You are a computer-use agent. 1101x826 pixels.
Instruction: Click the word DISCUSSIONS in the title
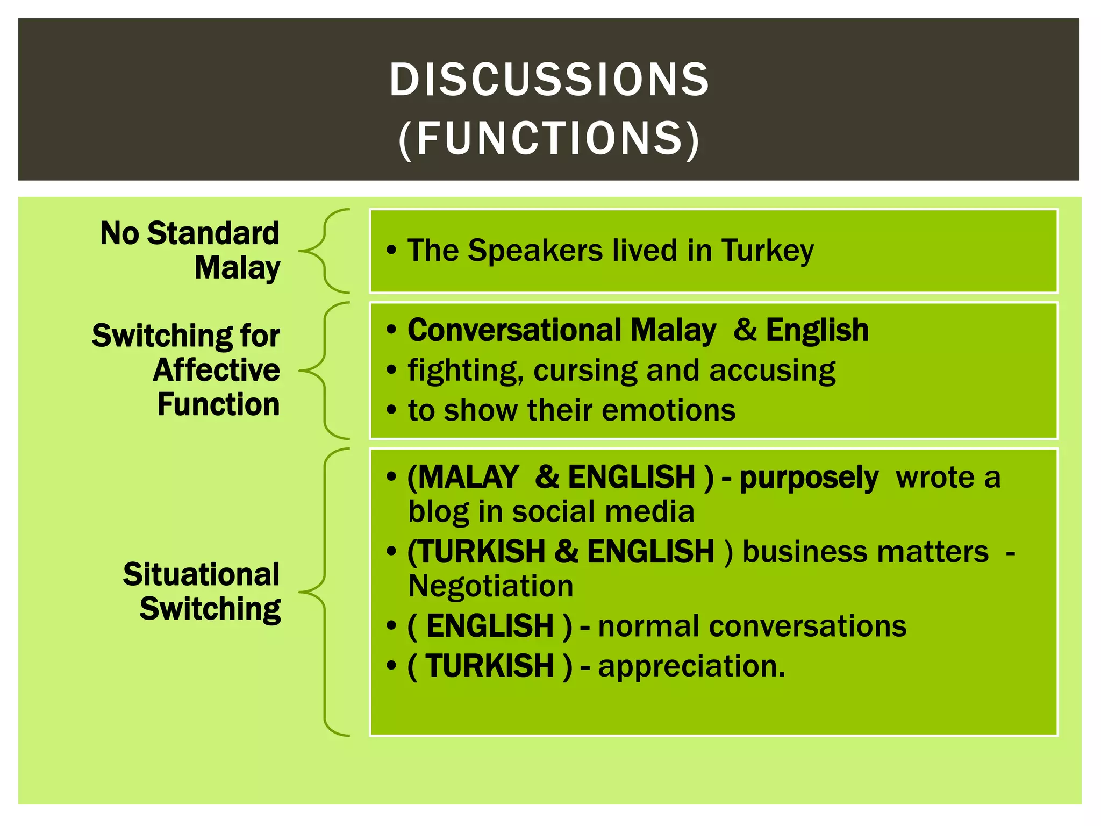click(549, 80)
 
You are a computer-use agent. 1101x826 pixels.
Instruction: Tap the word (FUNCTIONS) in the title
click(549, 139)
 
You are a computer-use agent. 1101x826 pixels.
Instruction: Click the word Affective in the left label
click(216, 370)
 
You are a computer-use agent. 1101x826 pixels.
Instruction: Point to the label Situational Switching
click(202, 591)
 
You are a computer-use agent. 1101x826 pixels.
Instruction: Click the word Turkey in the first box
click(767, 251)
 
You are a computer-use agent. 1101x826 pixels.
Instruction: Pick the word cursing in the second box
click(585, 371)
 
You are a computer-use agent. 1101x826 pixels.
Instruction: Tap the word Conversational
click(514, 330)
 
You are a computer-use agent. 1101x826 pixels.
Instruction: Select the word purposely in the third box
click(809, 478)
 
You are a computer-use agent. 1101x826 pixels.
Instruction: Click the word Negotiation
click(490, 586)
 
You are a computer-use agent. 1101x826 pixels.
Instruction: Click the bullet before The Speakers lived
click(391, 251)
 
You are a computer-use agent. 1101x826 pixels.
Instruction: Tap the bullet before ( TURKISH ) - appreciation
click(391, 666)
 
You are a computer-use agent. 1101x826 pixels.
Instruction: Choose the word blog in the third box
click(438, 511)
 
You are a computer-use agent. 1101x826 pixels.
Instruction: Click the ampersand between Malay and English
click(745, 329)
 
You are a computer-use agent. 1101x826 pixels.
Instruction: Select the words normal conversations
click(752, 626)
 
